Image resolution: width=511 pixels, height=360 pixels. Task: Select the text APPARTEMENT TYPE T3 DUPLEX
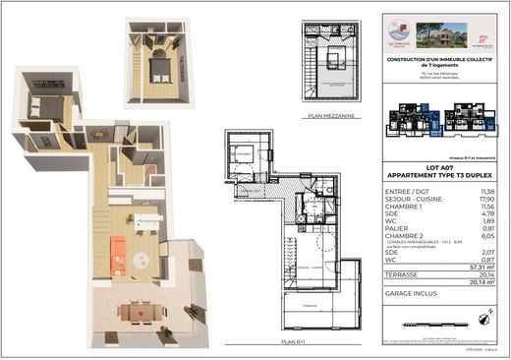coord(439,177)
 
